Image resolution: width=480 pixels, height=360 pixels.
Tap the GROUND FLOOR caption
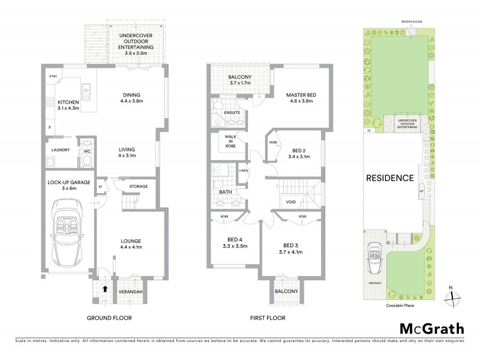[109, 318]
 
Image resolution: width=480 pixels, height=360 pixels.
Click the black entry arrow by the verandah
[106, 289]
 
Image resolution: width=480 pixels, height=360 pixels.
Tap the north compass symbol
[454, 296]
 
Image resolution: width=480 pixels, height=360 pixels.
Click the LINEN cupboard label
[243, 171]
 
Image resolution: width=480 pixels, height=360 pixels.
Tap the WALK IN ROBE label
[231, 140]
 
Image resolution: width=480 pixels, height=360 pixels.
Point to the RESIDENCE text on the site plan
[390, 178]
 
